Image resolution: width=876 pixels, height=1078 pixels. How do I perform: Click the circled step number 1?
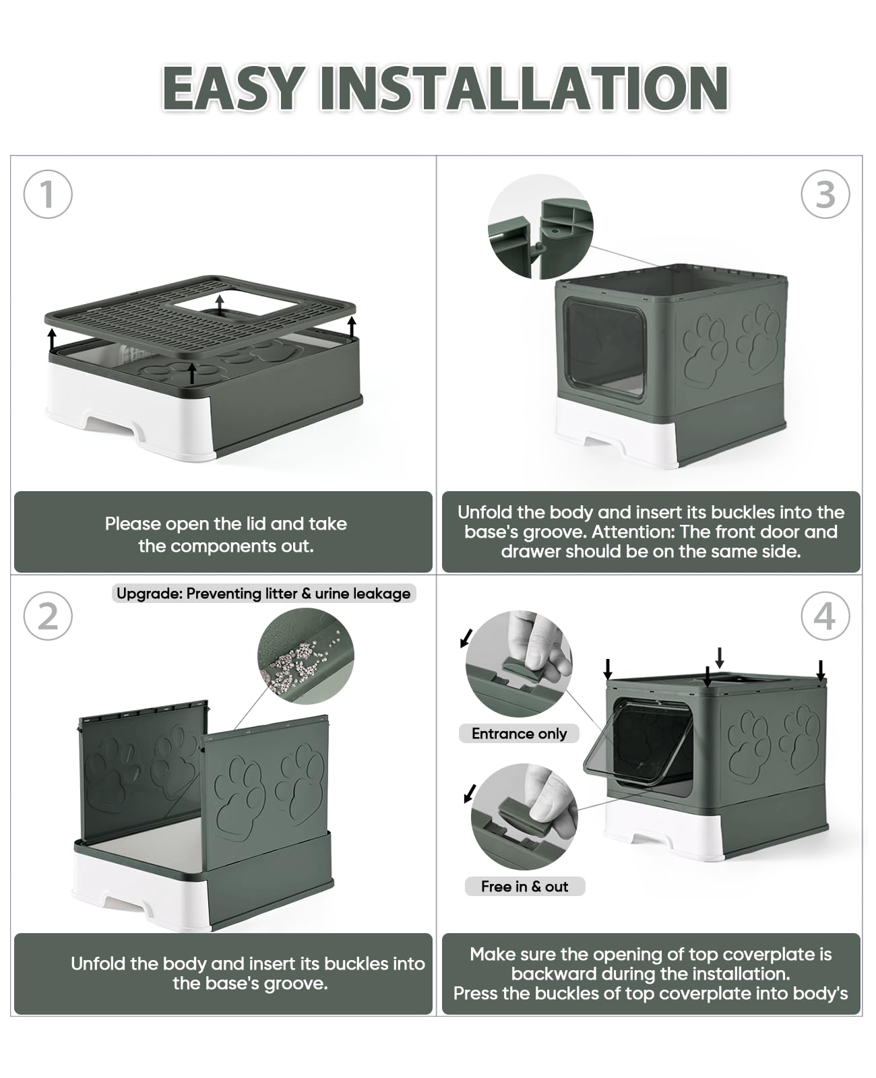pos(47,194)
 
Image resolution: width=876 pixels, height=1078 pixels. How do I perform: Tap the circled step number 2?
pos(47,616)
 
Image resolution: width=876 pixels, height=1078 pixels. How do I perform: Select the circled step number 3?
pos(825,194)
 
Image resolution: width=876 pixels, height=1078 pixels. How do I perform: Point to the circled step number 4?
pos(825,616)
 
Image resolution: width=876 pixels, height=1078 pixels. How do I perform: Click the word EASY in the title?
pos(232,88)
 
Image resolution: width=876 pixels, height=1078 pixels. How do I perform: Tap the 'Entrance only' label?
pos(519,734)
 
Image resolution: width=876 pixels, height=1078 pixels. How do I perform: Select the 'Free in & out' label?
pos(524,887)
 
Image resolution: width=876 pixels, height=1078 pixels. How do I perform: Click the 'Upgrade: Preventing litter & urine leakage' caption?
pos(263,594)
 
